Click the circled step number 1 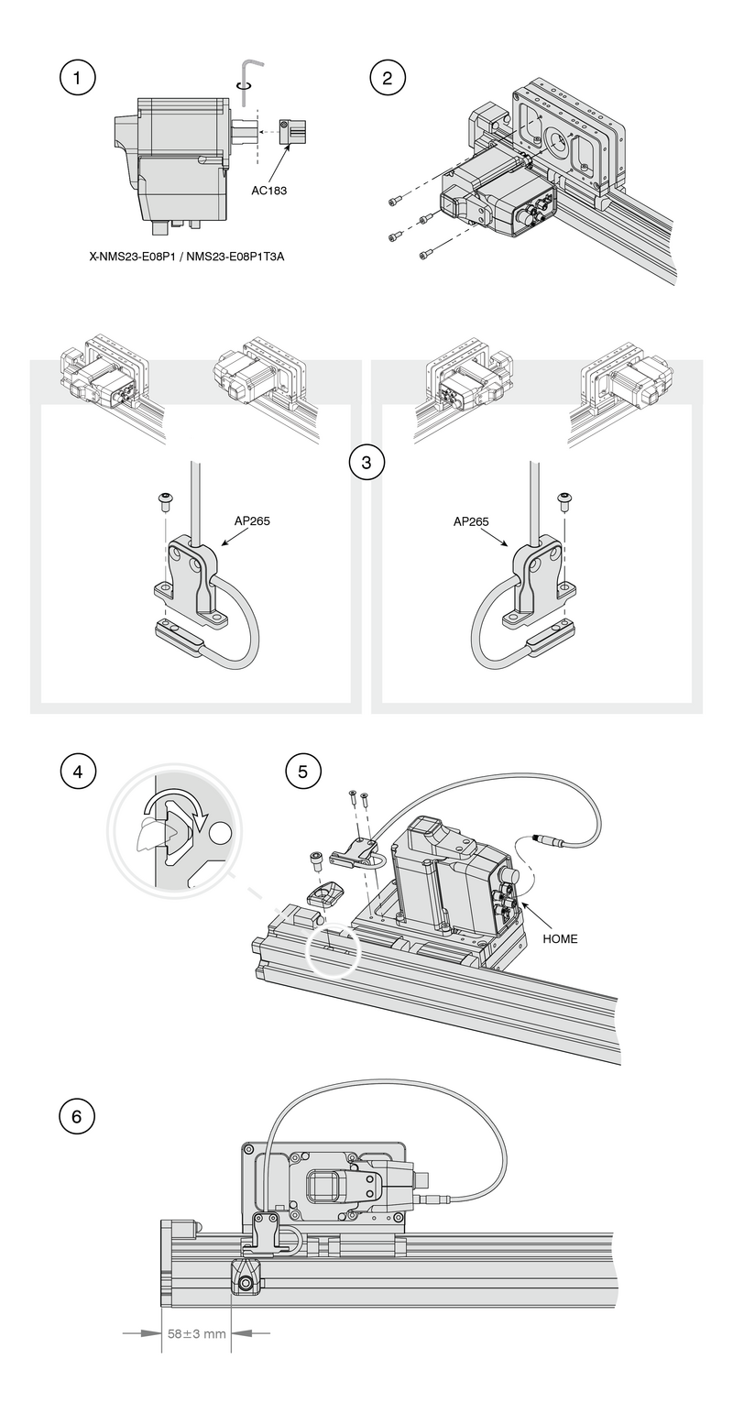(x=77, y=78)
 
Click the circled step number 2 (x=387, y=78)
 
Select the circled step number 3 (x=366, y=462)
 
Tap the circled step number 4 (x=77, y=771)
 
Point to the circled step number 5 (x=303, y=771)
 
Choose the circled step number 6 (x=77, y=1116)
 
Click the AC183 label (x=269, y=192)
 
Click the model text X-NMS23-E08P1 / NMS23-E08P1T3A (x=186, y=257)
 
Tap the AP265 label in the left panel (x=252, y=520)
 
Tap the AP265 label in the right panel (x=471, y=521)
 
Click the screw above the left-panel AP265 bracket (x=167, y=500)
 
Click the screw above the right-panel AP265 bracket (x=565, y=500)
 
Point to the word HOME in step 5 (x=560, y=938)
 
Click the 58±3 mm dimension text (x=196, y=1333)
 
